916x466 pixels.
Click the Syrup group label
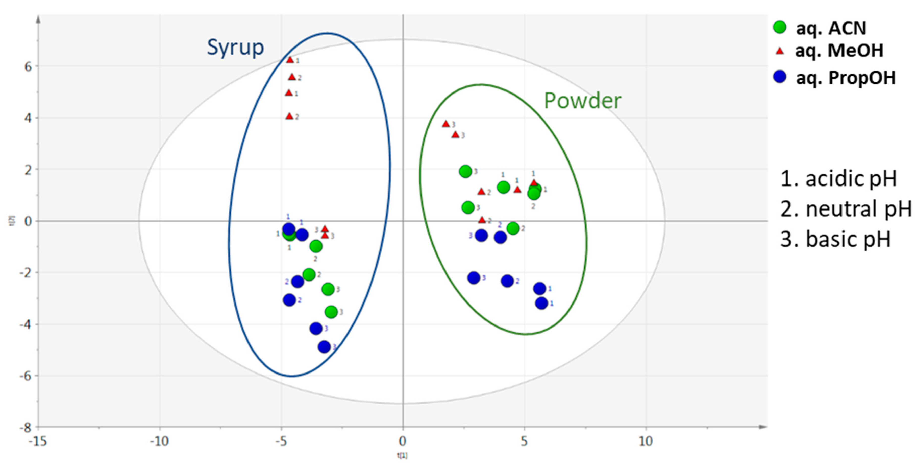tap(235, 47)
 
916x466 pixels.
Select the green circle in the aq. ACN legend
tap(780, 27)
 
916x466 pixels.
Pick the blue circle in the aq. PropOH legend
tap(780, 77)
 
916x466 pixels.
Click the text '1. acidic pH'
tap(838, 179)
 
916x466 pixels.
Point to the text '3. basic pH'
tap(836, 239)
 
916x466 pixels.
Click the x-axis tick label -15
tap(37, 441)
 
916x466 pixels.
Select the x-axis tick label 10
tap(646, 441)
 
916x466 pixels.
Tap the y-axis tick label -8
tap(26, 427)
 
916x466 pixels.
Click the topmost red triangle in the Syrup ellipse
tap(290, 60)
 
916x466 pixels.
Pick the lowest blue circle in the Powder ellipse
tap(541, 303)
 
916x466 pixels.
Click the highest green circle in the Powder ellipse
tap(465, 171)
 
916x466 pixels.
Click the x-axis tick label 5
tap(524, 441)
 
